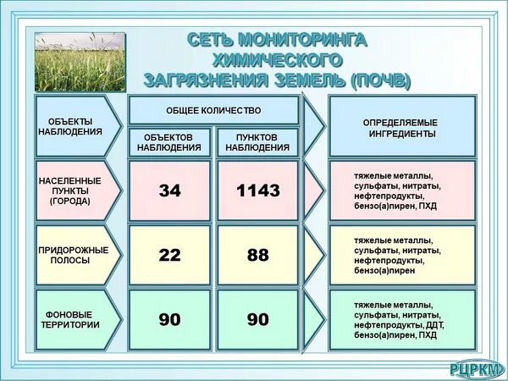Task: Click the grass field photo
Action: pos(80,62)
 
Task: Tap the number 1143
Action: pos(258,190)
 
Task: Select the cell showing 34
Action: pos(170,190)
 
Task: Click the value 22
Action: pos(170,255)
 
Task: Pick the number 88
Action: pos(258,255)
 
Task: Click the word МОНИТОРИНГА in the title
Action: pos(302,40)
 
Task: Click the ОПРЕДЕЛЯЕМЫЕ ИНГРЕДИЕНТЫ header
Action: pos(402,128)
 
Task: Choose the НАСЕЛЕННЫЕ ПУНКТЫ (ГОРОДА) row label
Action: pos(69,191)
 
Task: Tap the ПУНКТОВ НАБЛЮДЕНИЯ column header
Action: pos(257,141)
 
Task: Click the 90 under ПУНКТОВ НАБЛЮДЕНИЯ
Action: pos(258,319)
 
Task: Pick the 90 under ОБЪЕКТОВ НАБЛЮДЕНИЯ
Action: pos(170,319)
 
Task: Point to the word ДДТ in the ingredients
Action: pos(433,324)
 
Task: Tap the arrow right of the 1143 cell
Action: pos(314,190)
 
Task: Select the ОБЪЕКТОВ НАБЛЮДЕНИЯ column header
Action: pos(169,141)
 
